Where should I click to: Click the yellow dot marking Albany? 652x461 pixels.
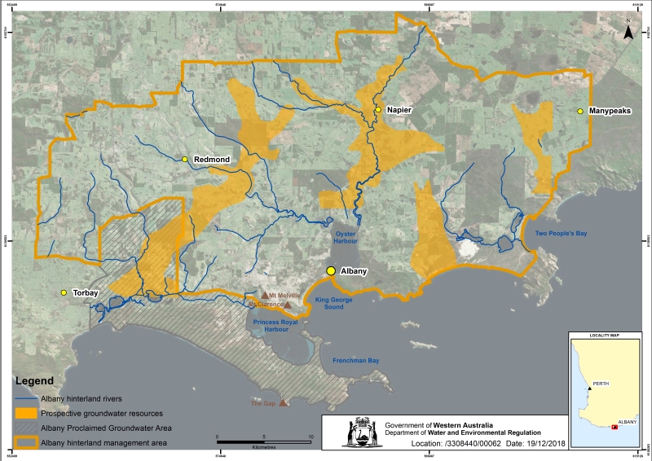click(x=332, y=271)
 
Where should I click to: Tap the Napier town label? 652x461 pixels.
click(x=399, y=110)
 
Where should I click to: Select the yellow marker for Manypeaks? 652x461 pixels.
click(x=580, y=111)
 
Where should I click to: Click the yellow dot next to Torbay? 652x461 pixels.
click(x=63, y=292)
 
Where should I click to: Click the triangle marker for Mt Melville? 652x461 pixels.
click(x=263, y=296)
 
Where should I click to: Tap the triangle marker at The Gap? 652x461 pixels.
click(x=283, y=402)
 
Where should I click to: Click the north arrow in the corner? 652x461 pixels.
click(x=628, y=33)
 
